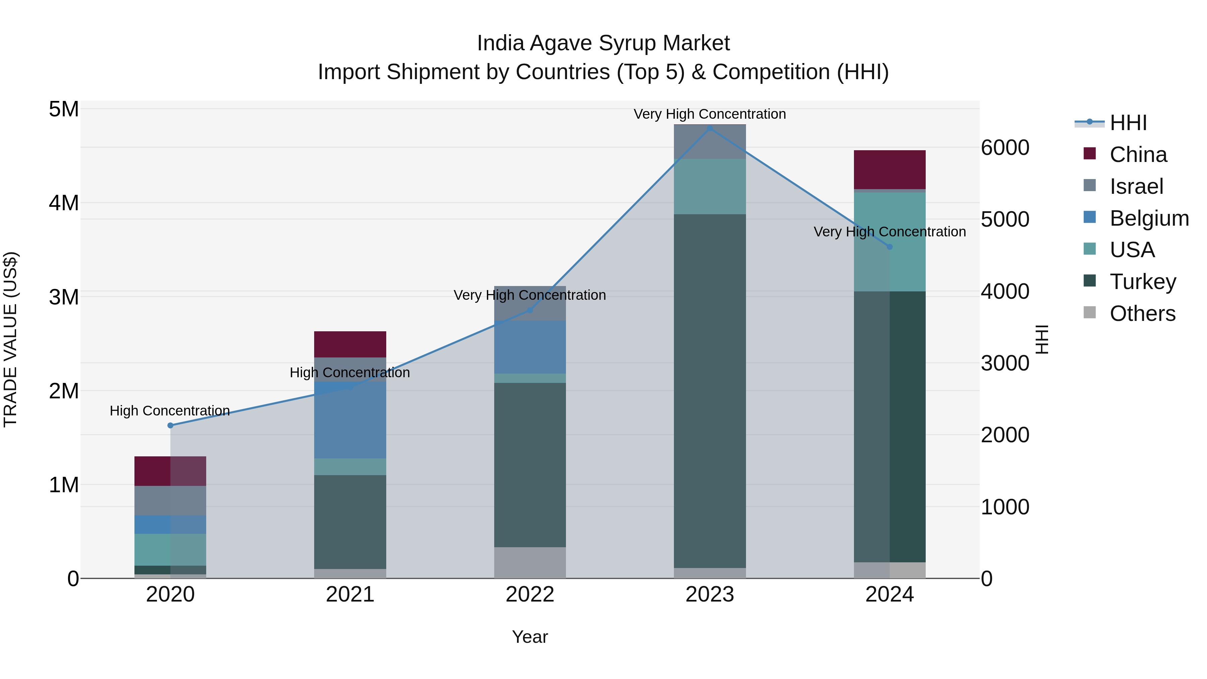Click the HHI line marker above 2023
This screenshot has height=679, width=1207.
[709, 128]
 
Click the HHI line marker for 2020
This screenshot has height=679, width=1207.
[171, 425]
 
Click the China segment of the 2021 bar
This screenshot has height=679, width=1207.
[350, 344]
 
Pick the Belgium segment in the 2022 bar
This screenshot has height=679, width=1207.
[530, 347]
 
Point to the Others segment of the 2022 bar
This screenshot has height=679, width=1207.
[530, 562]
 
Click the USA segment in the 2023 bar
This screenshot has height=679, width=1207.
[709, 186]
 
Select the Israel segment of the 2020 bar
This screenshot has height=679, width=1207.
[171, 501]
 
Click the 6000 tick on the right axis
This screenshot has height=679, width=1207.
[1005, 148]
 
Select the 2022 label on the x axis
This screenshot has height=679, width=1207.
[530, 595]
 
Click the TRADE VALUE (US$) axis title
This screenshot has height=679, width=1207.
[10, 339]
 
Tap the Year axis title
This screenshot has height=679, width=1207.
[530, 637]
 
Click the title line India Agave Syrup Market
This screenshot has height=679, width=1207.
[603, 43]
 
